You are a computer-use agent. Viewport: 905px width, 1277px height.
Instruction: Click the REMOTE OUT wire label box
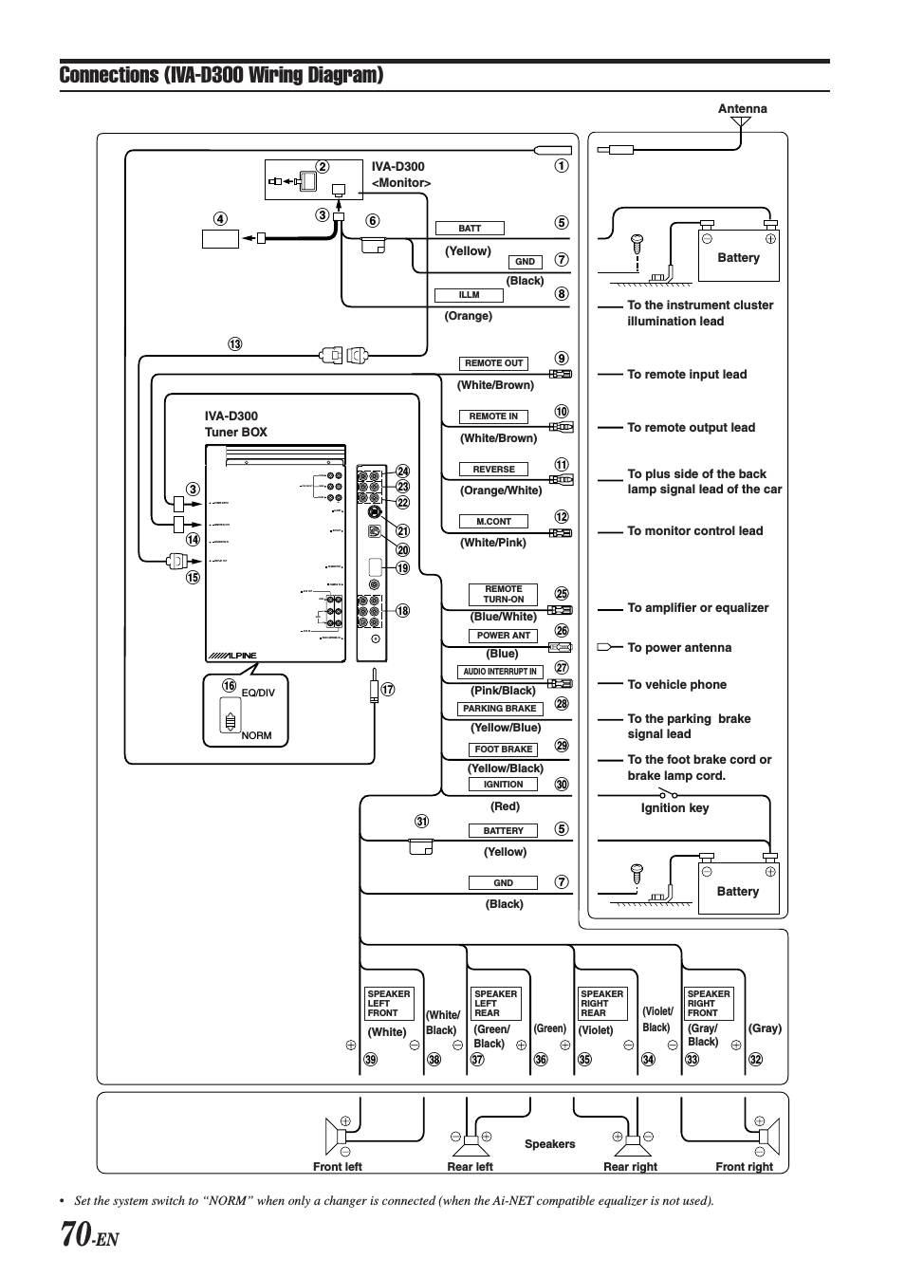click(493, 363)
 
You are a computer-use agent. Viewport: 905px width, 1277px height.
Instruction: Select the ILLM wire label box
click(469, 295)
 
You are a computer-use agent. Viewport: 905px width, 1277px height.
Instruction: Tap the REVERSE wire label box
click(493, 470)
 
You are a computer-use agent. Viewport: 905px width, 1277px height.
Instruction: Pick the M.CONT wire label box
click(493, 522)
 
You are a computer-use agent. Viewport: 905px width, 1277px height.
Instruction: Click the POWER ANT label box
click(503, 636)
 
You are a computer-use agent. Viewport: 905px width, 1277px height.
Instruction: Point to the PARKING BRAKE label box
click(500, 709)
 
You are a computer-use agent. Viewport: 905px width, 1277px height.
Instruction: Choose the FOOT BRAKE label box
click(503, 750)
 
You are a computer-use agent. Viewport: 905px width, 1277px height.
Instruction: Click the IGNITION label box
click(503, 785)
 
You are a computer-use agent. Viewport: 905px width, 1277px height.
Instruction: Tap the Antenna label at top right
click(742, 109)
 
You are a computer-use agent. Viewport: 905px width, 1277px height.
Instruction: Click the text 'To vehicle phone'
click(676, 685)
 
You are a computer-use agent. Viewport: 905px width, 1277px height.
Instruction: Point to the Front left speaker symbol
click(338, 1135)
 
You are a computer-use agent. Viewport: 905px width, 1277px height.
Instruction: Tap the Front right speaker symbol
click(766, 1135)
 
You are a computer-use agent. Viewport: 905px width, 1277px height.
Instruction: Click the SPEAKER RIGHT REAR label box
click(601, 1004)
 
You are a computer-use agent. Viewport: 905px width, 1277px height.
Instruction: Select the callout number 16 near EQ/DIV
click(229, 686)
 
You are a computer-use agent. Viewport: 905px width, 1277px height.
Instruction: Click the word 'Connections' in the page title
click(108, 75)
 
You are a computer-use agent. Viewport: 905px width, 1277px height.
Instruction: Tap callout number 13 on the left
click(234, 344)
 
